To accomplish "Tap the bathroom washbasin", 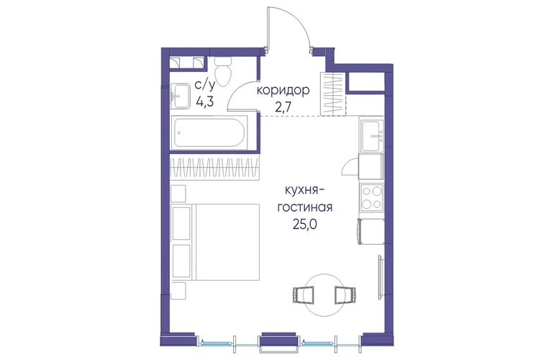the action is [181, 96].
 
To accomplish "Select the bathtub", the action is [209, 132].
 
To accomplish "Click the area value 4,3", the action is [205, 102].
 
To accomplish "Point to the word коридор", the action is [283, 91].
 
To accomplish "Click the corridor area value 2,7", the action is [283, 107].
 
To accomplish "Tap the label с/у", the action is [205, 86].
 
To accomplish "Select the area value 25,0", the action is [304, 224].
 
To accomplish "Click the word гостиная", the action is [304, 207].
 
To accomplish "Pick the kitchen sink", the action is [372, 135].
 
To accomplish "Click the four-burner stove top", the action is [372, 197].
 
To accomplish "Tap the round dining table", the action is [324, 295].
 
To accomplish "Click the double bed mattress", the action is [227, 242].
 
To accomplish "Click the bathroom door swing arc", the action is [236, 92].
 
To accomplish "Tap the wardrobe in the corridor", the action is [332, 94].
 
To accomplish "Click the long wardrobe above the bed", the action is [215, 167].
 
